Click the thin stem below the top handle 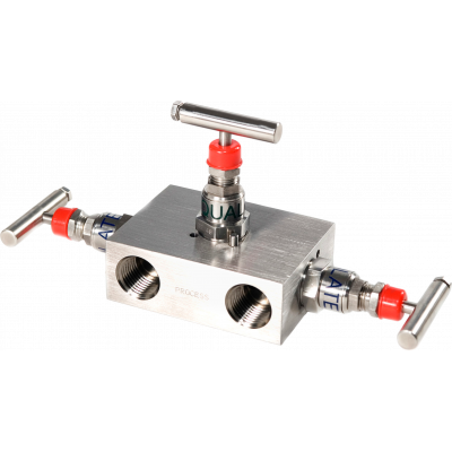click(225, 135)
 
